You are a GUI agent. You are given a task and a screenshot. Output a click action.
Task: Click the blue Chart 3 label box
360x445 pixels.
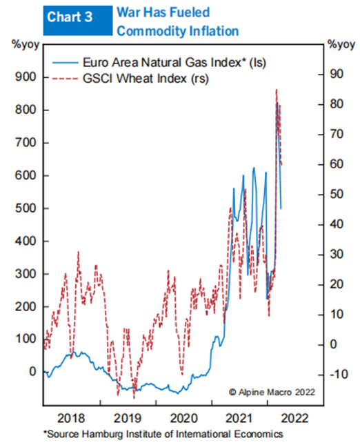coord(78,21)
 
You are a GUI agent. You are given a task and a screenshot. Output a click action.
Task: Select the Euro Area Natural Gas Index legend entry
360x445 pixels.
coord(159,62)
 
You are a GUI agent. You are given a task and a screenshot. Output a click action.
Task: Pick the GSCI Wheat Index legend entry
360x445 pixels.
coord(130,79)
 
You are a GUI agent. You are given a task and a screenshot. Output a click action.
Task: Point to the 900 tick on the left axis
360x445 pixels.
coord(26,77)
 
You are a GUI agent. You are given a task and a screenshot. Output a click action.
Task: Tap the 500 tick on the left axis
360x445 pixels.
coord(26,208)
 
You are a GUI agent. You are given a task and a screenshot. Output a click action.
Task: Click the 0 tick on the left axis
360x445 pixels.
coord(32,371)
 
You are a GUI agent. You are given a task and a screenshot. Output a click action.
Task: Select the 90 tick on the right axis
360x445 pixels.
coord(337,74)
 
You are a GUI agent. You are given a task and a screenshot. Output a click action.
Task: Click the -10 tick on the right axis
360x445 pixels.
coord(339,375)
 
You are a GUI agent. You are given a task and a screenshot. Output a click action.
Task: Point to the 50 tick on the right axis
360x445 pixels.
coord(337,195)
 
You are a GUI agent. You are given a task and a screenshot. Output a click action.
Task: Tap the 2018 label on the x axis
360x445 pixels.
coord(71,418)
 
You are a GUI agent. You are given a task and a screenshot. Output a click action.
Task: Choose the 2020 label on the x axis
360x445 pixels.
coord(184,418)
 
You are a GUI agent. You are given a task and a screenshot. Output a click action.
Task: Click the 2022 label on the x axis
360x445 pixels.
coord(294,418)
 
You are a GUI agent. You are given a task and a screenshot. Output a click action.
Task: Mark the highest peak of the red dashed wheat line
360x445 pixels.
coord(277,90)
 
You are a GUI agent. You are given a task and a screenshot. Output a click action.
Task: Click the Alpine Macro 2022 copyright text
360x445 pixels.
coord(272,392)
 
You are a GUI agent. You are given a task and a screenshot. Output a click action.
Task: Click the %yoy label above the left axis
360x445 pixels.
coord(26,45)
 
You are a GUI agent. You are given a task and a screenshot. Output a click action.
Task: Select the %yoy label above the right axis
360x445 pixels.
coord(341,45)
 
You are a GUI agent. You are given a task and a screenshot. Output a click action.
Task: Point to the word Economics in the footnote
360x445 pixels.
coord(259,434)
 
